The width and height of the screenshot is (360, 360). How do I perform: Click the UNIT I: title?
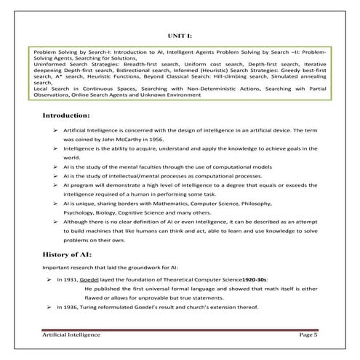(x=179, y=34)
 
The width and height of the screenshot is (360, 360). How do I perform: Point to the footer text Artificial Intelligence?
(x=71, y=334)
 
